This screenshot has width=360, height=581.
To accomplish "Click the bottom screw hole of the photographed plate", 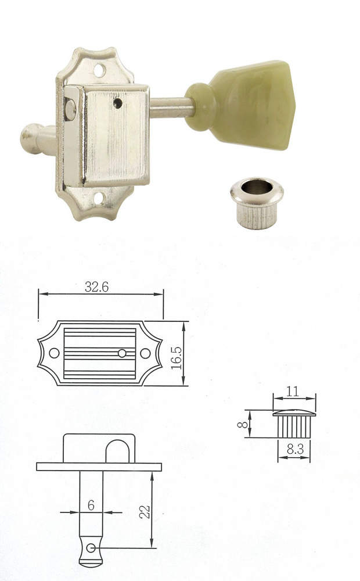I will pyautogui.click(x=107, y=203).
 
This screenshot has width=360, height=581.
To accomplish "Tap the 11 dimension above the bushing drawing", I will pyautogui.click(x=293, y=392).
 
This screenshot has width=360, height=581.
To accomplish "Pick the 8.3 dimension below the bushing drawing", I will pyautogui.click(x=294, y=449).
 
